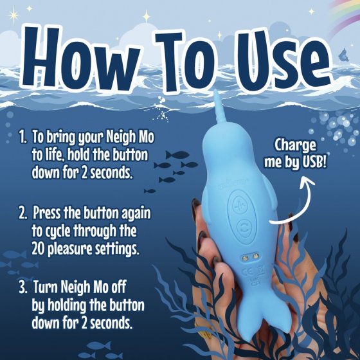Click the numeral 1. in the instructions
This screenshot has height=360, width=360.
(x=22, y=138)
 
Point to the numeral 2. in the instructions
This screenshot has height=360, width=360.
(x=22, y=213)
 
